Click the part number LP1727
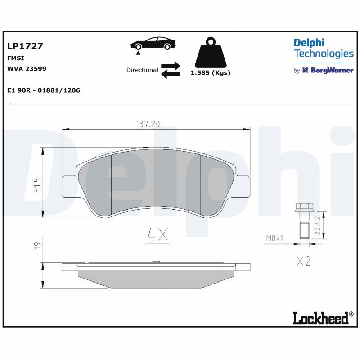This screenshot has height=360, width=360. coord(25,46)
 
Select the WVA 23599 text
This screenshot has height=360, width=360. coord(27,69)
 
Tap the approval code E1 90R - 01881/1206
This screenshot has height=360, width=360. coord(44,90)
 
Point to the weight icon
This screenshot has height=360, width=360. coord(211,52)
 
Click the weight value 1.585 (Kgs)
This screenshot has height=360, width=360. coord(211,73)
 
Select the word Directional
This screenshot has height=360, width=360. coord(142,70)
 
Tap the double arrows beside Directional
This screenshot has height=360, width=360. coord(171,70)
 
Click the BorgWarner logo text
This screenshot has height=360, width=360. coord(332,70)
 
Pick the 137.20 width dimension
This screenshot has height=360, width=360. coord(148,124)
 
